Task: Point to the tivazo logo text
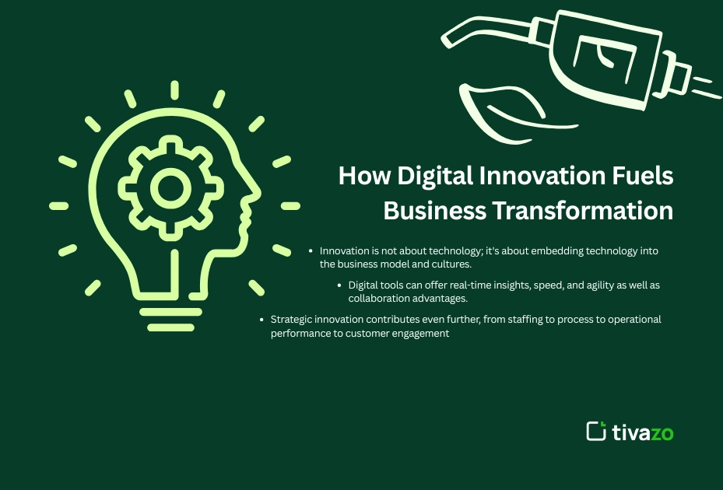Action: click(643, 432)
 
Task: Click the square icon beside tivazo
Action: click(596, 432)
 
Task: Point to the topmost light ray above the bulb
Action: click(174, 89)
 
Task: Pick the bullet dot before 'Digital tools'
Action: click(340, 285)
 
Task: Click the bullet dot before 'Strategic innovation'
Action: click(261, 320)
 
